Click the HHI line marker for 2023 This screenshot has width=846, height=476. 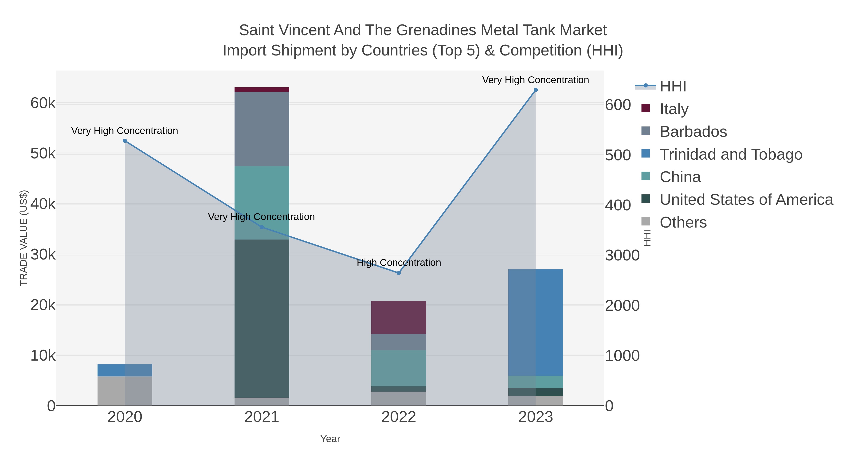click(x=536, y=90)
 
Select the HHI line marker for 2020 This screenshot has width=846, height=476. click(x=125, y=141)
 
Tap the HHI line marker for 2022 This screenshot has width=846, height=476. click(x=399, y=273)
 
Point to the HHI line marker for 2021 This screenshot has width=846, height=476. click(x=262, y=227)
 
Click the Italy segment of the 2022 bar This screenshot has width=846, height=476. click(x=399, y=317)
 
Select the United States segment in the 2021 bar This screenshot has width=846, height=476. click(x=262, y=319)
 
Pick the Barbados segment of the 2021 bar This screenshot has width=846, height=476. click(x=262, y=129)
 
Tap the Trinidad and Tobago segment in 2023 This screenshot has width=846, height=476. click(x=536, y=322)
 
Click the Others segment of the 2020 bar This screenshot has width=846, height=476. click(x=125, y=391)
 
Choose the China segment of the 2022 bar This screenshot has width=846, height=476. click(x=399, y=368)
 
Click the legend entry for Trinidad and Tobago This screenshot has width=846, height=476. click(x=731, y=154)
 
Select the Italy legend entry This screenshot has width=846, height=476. click(x=674, y=109)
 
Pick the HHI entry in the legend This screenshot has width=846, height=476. click(x=673, y=87)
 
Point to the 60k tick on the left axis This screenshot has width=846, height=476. click(x=43, y=103)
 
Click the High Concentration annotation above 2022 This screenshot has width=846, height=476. click(x=399, y=263)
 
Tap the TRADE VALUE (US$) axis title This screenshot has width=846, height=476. click(x=24, y=238)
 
